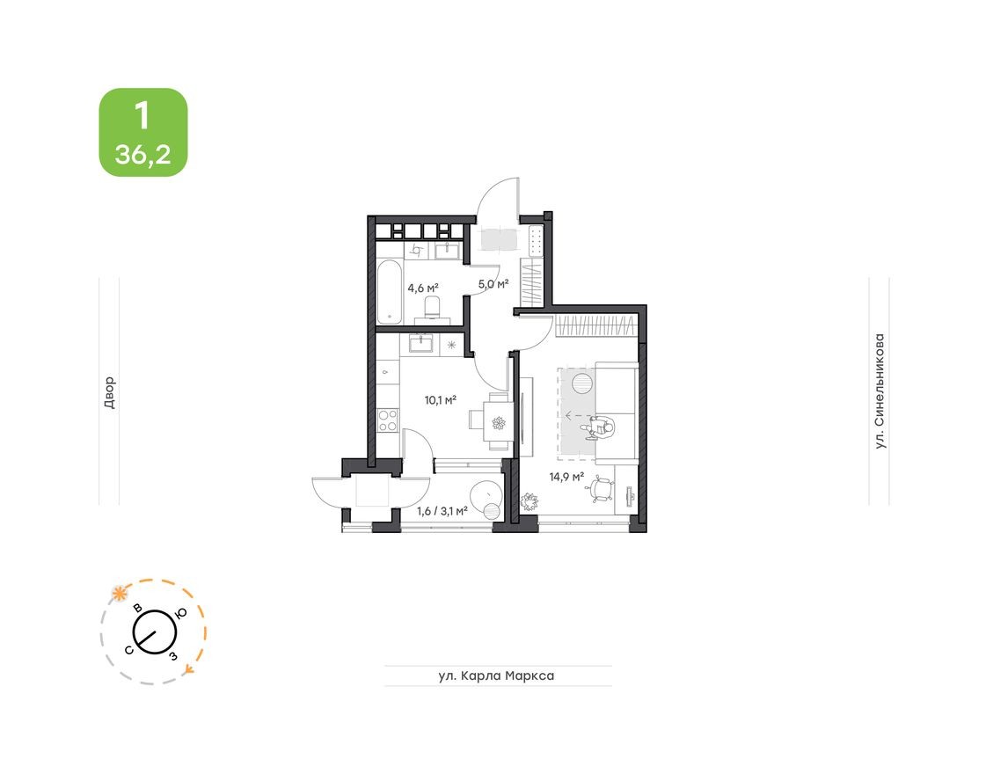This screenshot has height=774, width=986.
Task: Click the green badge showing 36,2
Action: [142, 132]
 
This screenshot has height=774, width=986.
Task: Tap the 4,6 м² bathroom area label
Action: [423, 287]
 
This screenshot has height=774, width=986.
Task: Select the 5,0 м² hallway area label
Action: [493, 283]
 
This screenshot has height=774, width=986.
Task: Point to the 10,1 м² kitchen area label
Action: [440, 399]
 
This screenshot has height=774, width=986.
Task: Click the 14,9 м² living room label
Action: [566, 477]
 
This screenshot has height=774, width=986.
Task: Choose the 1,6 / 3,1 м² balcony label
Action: [442, 508]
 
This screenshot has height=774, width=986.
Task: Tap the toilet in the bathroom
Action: [433, 308]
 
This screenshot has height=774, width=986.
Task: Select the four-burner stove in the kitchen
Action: [388, 420]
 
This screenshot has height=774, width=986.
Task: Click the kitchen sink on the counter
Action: [421, 343]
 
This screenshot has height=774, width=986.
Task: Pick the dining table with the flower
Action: [498, 422]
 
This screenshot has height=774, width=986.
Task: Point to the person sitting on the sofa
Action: [603, 427]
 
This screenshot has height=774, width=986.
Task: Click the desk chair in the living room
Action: [601, 488]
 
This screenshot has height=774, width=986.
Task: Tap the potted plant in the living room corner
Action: [530, 502]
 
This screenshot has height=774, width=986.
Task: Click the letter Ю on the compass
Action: [180, 614]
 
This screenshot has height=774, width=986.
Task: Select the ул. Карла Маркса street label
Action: [497, 675]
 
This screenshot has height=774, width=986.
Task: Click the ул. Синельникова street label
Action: [879, 391]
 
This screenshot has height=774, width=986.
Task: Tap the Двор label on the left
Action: [109, 392]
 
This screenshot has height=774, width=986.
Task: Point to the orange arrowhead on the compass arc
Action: [189, 670]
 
